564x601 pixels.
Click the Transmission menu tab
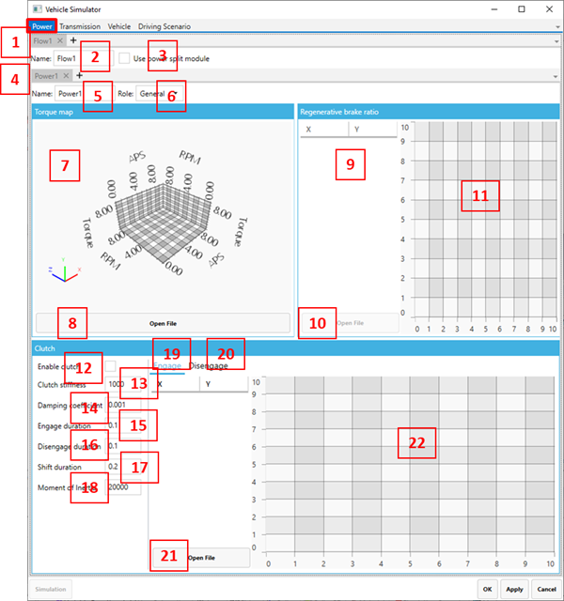(x=80, y=26)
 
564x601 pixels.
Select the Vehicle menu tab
(x=119, y=26)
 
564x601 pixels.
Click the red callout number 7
(x=65, y=166)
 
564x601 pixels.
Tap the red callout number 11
(x=480, y=195)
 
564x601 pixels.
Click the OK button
(x=487, y=589)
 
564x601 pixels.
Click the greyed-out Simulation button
(x=51, y=589)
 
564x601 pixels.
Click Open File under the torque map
(x=163, y=323)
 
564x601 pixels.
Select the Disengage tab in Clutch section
(x=209, y=365)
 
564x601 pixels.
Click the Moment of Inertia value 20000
(x=124, y=487)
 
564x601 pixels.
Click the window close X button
(x=547, y=8)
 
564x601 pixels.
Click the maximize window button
(x=522, y=8)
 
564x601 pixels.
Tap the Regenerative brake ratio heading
(x=339, y=111)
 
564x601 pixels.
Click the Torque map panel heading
(x=54, y=111)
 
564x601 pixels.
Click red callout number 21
(x=168, y=555)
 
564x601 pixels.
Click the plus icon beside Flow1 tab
(x=73, y=41)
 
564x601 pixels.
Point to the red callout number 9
(x=350, y=163)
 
